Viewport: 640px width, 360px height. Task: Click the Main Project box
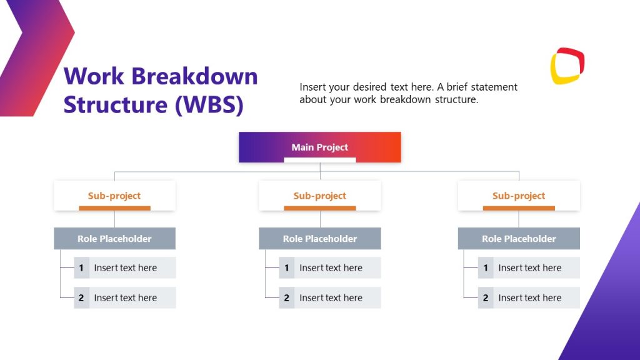coord(319,147)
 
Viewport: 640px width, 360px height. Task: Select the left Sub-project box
coord(114,196)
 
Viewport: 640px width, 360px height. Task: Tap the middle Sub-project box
coord(319,196)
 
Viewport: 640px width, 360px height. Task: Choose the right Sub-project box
coord(519,196)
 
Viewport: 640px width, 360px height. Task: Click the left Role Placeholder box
coord(114,239)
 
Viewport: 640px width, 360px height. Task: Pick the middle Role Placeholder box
coord(319,239)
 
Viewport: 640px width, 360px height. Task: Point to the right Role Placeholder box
coord(519,239)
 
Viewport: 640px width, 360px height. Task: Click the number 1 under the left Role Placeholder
coord(81,268)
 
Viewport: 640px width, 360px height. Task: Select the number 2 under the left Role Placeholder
coord(81,298)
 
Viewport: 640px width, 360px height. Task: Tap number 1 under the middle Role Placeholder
coord(286,268)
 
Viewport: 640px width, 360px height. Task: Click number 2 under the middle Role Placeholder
coord(286,298)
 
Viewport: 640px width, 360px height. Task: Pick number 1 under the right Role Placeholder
coord(486,268)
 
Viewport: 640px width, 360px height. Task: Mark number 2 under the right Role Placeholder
coord(486,298)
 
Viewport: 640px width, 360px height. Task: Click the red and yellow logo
coord(567,66)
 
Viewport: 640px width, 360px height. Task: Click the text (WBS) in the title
coord(208,104)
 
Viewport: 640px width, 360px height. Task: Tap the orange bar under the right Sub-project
coord(519,208)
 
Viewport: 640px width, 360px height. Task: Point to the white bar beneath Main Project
coord(319,160)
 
